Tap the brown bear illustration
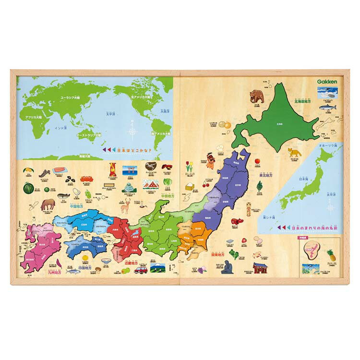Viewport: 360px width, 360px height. tap(257, 96)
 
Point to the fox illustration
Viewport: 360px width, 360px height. tap(294, 153)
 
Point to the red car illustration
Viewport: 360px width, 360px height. tap(141, 269)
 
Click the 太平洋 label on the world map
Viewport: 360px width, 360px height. tap(111, 114)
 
